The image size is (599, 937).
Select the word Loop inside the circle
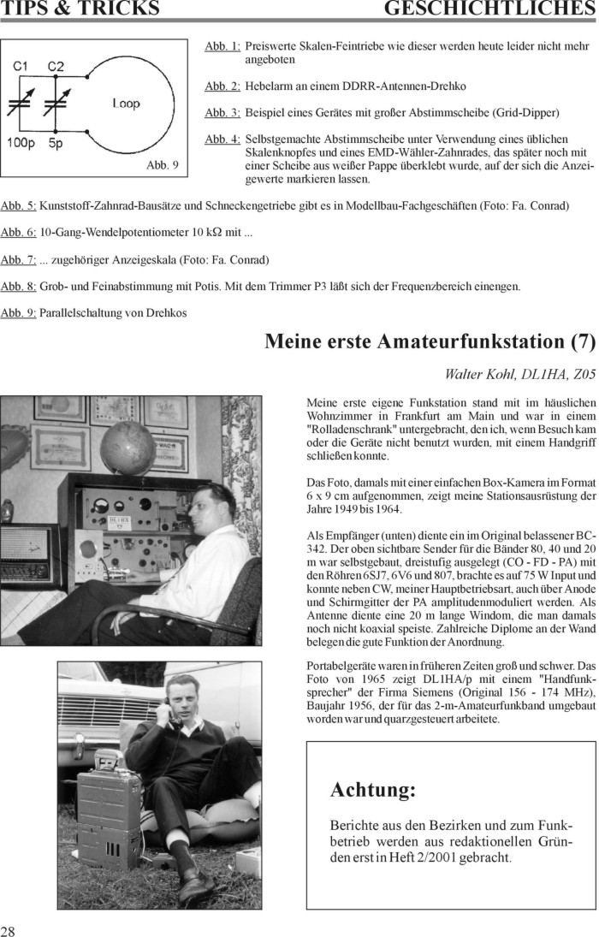[x=126, y=104]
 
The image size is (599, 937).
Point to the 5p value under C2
[x=56, y=143]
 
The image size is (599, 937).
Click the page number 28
[x=8, y=931]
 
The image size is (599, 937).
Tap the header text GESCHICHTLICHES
[x=489, y=9]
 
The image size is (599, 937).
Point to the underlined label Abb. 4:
[x=222, y=139]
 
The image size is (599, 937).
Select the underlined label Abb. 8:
[x=18, y=286]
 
